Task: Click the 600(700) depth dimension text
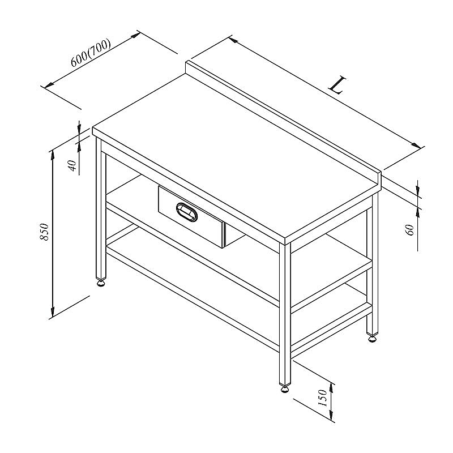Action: pos(91,53)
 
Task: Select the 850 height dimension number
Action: pos(45,232)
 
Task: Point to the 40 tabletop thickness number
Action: pos(73,166)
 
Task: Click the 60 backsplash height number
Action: pos(411,230)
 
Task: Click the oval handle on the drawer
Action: pos(187,212)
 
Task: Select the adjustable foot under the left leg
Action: pos(101,282)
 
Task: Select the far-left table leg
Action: pos(101,208)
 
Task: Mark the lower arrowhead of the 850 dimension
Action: pos(53,312)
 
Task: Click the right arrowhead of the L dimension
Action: pos(416,146)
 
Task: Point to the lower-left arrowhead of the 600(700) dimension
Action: pos(49,85)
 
